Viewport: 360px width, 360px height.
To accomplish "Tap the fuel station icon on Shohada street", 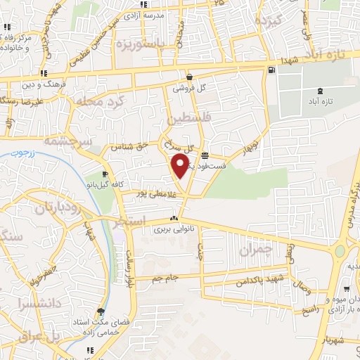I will coord(271,69).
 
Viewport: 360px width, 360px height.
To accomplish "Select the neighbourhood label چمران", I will coord(254,250).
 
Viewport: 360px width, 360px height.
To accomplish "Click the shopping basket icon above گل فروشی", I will coord(189,77).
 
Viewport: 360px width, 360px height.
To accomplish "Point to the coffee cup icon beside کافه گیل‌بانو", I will coord(105,174).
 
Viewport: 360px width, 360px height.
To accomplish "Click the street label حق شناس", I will coord(134,146).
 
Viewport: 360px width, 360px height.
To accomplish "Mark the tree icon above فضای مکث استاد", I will coord(101,311).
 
